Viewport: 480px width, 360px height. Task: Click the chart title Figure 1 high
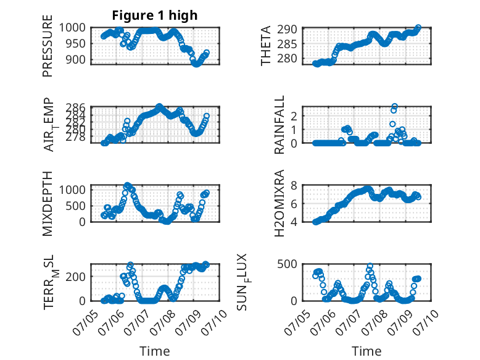pyautogui.click(x=155, y=15)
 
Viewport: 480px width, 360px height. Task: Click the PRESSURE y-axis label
pyautogui.click(x=48, y=46)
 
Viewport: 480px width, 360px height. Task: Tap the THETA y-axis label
pyautogui.click(x=266, y=46)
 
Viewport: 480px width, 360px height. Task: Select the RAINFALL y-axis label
pyautogui.click(x=279, y=125)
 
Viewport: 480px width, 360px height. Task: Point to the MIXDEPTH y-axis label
pyautogui.click(x=48, y=204)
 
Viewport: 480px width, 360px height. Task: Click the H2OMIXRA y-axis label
pyautogui.click(x=279, y=203)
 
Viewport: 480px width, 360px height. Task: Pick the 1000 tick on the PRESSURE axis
pyautogui.click(x=72, y=28)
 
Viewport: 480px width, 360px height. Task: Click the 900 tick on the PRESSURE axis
pyautogui.click(x=76, y=59)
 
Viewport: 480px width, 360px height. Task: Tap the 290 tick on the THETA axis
pyautogui.click(x=288, y=30)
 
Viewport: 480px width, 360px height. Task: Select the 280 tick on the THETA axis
pyautogui.click(x=288, y=58)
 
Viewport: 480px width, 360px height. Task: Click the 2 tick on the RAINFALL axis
pyautogui.click(x=294, y=116)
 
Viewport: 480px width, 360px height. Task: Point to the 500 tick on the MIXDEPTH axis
pyautogui.click(x=76, y=206)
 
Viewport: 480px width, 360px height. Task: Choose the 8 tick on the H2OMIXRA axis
pyautogui.click(x=294, y=185)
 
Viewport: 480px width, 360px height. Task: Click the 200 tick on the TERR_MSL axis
pyautogui.click(x=76, y=277)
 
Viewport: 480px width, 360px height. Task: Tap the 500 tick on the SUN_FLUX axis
pyautogui.click(x=288, y=264)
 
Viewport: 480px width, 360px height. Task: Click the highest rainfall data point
pyautogui.click(x=395, y=106)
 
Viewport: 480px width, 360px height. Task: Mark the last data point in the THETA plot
pyautogui.click(x=418, y=28)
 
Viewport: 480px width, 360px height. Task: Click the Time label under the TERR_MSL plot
pyautogui.click(x=155, y=351)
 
